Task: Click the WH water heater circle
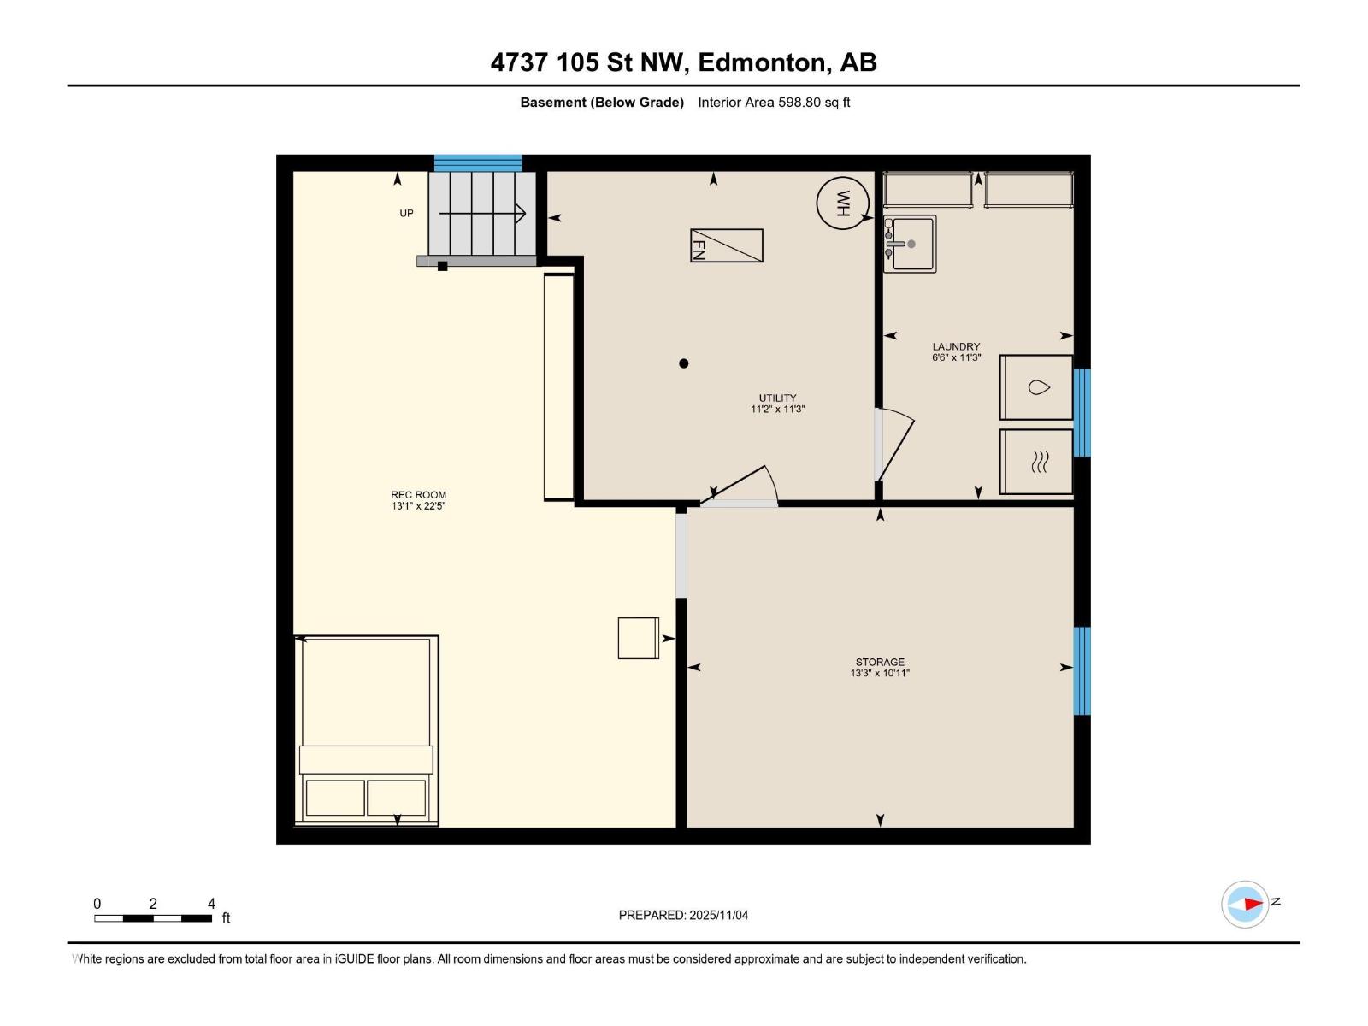(842, 203)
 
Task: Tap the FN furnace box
(727, 245)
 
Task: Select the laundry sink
(910, 244)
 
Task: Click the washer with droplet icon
(1036, 387)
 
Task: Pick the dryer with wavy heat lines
(1036, 462)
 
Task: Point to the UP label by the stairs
(406, 213)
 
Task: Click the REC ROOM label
(418, 495)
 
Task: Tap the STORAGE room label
(880, 662)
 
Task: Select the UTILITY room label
(777, 398)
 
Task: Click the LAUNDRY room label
(956, 346)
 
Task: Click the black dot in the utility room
(683, 363)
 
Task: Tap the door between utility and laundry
(894, 445)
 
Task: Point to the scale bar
(153, 918)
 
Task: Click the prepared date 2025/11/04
(683, 915)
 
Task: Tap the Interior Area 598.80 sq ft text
(774, 103)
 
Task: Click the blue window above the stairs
(478, 162)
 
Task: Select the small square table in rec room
(638, 638)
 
